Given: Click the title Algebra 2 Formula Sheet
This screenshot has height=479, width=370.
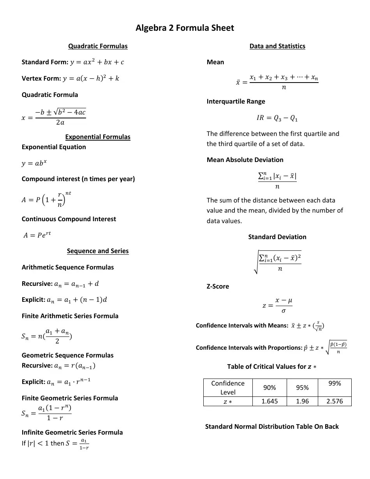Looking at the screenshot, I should coord(185,28).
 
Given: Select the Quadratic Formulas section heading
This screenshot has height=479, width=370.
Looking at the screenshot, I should coord(98,46).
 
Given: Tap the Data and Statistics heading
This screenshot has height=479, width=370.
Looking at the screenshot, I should coord(277,46).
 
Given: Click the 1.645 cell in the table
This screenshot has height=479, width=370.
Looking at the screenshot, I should coord(270,401).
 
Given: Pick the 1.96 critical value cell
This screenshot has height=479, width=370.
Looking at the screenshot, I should coord(302,401).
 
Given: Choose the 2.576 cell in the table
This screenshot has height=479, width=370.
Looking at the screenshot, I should coord(335,401).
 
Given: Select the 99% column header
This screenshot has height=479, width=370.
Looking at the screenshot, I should coord(335,384).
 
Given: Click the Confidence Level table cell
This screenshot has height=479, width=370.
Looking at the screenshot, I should coord(228,387).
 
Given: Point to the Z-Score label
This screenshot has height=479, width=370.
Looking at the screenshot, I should coord(218,286).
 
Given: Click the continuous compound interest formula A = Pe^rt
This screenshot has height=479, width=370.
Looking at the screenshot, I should coord(37,235).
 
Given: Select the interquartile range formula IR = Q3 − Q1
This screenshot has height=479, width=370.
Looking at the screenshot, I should coord(277,118).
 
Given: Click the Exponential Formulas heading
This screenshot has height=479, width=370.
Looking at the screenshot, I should coord(98,137).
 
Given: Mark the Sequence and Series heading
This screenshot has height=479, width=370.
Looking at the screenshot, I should coord(98,251).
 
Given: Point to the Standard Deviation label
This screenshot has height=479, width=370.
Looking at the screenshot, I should coord(277,237).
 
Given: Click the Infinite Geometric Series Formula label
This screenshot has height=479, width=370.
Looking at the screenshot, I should coord(72,432).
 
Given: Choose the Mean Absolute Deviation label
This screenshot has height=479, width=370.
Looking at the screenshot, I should coord(245,160).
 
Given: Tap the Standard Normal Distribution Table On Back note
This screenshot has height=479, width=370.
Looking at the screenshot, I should coord(272,426).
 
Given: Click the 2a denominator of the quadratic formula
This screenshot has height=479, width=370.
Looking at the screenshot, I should coord(60,122).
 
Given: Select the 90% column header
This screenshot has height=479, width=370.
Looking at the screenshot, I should coord(270,387).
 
